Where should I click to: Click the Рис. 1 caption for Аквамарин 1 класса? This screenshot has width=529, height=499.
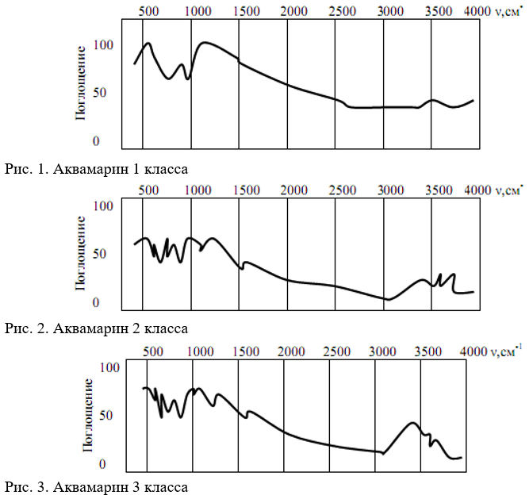click(x=96, y=168)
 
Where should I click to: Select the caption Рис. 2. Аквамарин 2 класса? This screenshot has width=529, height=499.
click(x=96, y=327)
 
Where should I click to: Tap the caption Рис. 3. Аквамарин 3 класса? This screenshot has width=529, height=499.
click(x=96, y=484)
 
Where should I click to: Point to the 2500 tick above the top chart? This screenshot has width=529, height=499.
click(x=343, y=12)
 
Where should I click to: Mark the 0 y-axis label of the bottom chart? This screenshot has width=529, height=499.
click(x=113, y=464)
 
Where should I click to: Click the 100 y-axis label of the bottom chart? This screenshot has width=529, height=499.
click(x=108, y=367)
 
